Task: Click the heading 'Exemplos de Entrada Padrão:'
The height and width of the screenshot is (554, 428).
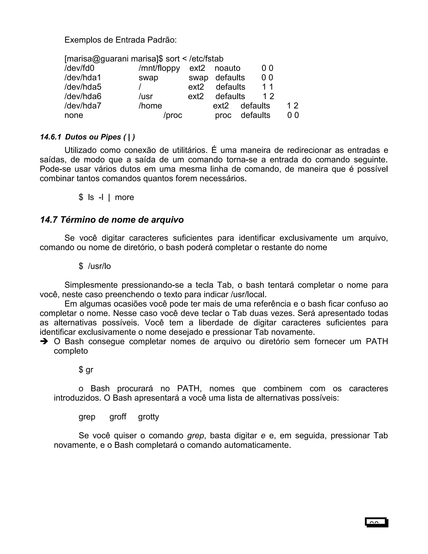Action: point(120,40)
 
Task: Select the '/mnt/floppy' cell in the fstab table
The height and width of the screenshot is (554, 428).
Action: point(159,68)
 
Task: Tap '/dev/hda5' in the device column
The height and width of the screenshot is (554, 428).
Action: point(83,87)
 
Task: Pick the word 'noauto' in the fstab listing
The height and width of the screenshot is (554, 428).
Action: point(227,68)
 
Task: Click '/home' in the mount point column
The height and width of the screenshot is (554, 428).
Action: point(150,106)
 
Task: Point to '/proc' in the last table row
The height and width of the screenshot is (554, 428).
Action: point(173,115)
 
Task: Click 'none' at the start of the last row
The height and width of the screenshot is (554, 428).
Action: point(74,115)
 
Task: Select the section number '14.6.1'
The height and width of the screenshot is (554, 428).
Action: point(50,137)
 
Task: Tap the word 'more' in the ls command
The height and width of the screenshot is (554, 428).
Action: point(124,197)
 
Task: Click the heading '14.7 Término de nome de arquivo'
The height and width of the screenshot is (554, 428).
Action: point(112,220)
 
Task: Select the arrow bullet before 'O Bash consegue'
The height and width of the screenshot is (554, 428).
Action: point(44,342)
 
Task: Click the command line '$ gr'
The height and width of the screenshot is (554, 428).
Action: point(86,370)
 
